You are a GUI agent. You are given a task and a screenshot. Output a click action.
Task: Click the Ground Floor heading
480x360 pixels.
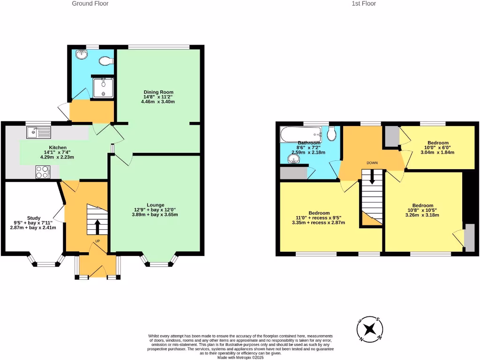click(90, 4)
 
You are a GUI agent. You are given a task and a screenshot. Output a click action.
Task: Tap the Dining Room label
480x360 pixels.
click(158, 92)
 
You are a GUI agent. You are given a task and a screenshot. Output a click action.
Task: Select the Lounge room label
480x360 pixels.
click(155, 205)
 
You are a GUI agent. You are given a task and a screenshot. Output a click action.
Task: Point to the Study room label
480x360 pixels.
click(33, 217)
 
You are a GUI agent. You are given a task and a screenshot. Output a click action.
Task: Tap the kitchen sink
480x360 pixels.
click(38, 133)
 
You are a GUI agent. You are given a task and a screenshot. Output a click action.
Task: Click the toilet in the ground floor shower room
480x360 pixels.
click(107, 60)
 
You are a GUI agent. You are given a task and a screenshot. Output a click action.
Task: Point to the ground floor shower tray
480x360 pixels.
click(103, 87)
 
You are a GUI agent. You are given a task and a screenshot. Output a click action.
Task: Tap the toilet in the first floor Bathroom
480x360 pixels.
click(332, 135)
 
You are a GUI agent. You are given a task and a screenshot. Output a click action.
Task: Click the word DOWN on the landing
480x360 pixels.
click(372, 163)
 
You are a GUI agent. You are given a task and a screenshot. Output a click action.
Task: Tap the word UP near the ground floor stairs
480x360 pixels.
click(97, 242)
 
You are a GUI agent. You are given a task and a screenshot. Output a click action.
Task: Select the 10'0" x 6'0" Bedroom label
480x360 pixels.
click(438, 143)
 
